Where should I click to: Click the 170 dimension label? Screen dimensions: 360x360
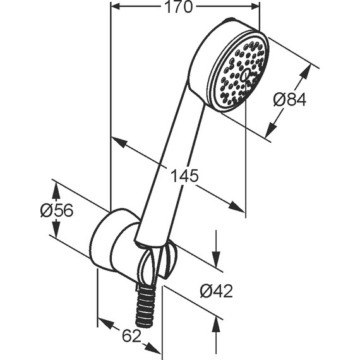[178, 7]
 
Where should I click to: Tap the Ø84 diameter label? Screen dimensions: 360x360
[290, 100]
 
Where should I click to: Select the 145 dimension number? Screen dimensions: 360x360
[184, 176]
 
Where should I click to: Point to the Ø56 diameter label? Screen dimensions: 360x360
[57, 210]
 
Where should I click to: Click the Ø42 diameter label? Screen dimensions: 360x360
[216, 291]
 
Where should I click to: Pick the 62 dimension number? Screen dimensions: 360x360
[131, 335]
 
